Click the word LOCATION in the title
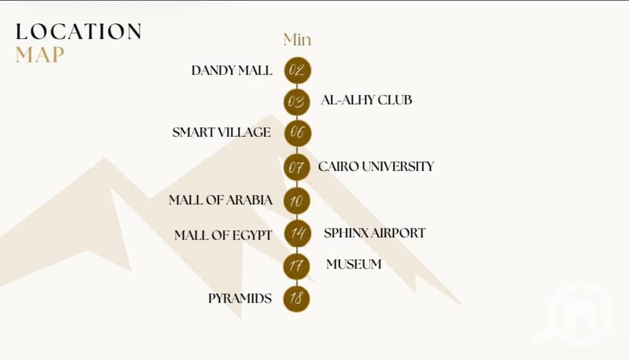pos(79,32)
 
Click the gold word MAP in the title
pos(40,55)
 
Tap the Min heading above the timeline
pos(297,40)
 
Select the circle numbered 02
pos(297,71)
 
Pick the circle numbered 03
pos(297,102)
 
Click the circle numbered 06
pos(297,133)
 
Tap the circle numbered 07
pos(297,167)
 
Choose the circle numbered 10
pos(297,200)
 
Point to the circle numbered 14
pos(297,233)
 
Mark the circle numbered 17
pos(297,266)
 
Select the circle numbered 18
pos(297,298)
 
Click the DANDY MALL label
pos(232,71)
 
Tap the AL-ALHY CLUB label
pos(366,100)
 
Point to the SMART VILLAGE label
pos(221,133)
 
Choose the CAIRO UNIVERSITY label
pos(377,167)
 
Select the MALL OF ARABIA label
pos(221,200)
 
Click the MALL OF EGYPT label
pos(224,235)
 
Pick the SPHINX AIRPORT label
pos(375,233)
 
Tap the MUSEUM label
pos(354,264)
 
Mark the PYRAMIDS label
pos(240,299)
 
